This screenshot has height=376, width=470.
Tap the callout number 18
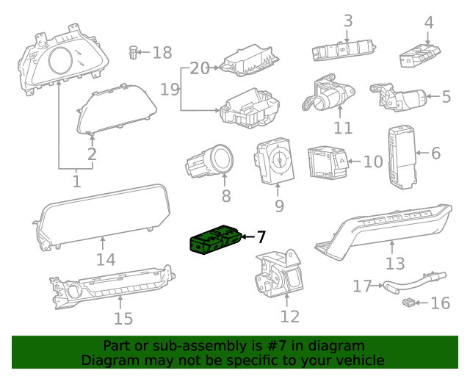[x=162, y=52]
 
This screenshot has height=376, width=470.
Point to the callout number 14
[x=106, y=258]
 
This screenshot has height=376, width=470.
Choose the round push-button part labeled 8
[x=213, y=160]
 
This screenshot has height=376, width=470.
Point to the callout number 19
[x=170, y=90]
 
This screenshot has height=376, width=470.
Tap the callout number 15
[x=123, y=318]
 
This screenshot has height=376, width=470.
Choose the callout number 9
[x=279, y=206]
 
